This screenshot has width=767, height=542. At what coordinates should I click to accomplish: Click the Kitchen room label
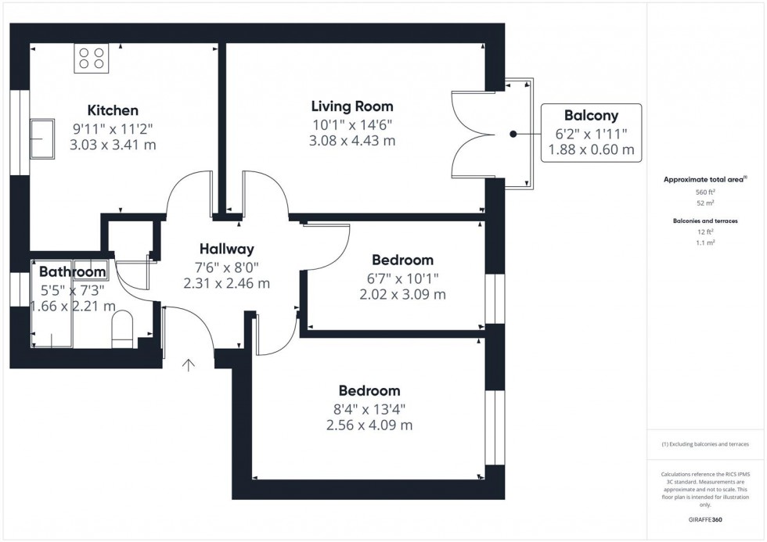(113, 110)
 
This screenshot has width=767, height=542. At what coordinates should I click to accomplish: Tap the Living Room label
(352, 106)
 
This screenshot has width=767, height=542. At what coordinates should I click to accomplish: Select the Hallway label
(226, 249)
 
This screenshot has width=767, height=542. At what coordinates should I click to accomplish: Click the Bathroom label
(72, 271)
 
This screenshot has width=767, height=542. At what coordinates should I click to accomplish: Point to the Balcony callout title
(591, 115)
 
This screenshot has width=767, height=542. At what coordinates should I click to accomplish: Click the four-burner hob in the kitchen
(92, 58)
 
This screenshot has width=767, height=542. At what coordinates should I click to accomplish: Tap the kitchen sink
(42, 138)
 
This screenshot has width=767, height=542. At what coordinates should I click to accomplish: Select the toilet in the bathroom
(122, 329)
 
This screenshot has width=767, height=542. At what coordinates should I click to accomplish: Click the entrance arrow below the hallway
(189, 365)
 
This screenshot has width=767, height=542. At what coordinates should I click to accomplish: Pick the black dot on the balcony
(513, 134)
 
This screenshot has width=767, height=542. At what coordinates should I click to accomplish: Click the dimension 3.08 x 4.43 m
(352, 141)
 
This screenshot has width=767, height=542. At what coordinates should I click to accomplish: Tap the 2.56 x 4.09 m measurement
(369, 425)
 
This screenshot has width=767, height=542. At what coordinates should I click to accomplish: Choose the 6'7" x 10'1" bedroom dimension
(402, 278)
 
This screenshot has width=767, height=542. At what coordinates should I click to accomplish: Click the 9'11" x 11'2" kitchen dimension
(113, 129)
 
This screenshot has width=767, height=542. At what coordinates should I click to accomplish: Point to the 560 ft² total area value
(705, 192)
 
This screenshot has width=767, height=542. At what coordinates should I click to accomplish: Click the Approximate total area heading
(705, 179)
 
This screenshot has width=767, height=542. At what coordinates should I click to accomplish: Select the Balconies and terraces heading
(705, 221)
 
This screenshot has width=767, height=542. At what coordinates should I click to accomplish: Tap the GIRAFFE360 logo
(705, 519)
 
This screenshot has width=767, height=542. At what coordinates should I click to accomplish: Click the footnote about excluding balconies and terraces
(705, 444)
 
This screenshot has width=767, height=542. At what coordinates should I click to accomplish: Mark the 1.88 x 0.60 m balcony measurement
(591, 149)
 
